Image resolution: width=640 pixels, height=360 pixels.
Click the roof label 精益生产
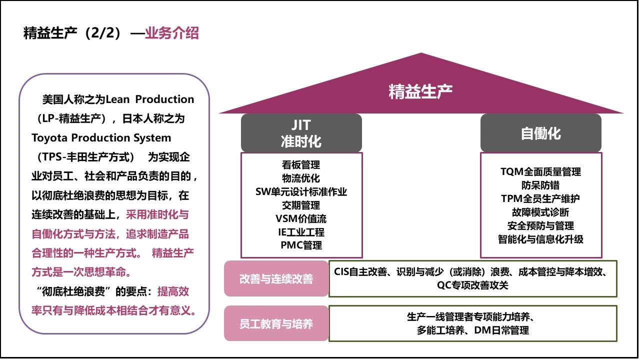pos(420,91)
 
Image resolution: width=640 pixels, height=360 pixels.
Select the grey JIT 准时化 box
pos(301,133)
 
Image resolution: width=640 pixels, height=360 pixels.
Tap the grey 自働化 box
pos(540,133)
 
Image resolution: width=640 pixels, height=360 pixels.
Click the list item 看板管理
pos(301,164)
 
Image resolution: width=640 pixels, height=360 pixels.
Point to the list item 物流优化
pos(301,178)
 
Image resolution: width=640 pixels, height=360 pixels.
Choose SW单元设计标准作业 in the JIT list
pos(301,191)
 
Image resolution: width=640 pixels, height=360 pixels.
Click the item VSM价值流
pos(301,218)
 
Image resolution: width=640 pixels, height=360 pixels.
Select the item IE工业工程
pos(301,232)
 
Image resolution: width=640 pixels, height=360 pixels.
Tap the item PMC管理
pos(301,245)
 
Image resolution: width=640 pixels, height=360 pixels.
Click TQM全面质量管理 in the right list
pos(540,171)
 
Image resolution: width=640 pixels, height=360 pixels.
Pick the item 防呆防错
pos(540,185)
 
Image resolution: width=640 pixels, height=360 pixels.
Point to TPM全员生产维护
pos(540,198)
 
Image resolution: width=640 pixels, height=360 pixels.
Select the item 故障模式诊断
pos(540,212)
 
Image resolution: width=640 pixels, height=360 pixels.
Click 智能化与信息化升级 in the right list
pos(540,239)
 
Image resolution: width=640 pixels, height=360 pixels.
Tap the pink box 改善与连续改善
pos(276,278)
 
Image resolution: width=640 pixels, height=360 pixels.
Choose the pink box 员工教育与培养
pos(276,323)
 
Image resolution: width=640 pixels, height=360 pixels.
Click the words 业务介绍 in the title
pos(172,33)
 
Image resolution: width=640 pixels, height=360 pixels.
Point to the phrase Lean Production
pos(150,99)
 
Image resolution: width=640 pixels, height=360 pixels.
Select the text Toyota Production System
pos(101,137)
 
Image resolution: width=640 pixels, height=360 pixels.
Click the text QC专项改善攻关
pos(472,285)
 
